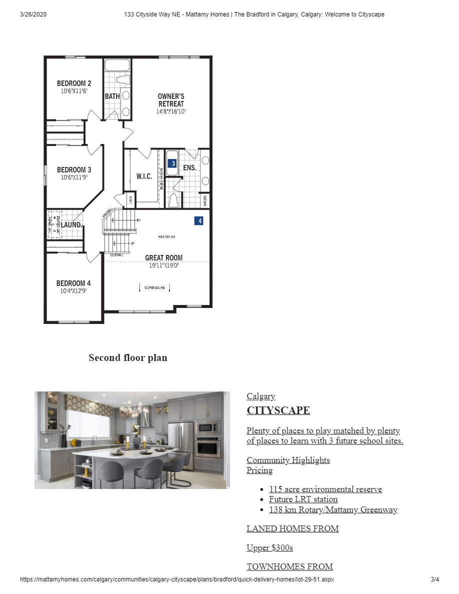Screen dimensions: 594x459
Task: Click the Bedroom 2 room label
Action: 74,83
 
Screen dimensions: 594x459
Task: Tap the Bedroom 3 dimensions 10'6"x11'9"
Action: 74,177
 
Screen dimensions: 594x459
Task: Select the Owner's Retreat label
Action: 171,100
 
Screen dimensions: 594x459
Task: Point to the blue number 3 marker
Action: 172,163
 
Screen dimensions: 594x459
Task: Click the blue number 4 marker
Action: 198,220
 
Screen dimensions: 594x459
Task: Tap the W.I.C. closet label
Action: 144,176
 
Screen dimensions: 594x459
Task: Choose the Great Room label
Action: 164,258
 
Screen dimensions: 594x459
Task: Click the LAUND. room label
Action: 71,225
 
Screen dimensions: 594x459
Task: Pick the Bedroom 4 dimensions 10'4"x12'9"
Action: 73,290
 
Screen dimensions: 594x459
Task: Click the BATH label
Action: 112,96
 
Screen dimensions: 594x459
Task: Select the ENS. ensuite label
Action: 189,168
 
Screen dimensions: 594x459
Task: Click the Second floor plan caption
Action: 128,357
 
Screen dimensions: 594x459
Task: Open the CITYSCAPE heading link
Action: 278,410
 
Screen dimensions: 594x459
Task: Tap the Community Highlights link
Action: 288,460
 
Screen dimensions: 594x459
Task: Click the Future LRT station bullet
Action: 303,499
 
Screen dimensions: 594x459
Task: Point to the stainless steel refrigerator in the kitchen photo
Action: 181,444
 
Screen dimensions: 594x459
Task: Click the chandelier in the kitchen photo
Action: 133,407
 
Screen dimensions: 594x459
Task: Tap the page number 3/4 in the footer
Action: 434,580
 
